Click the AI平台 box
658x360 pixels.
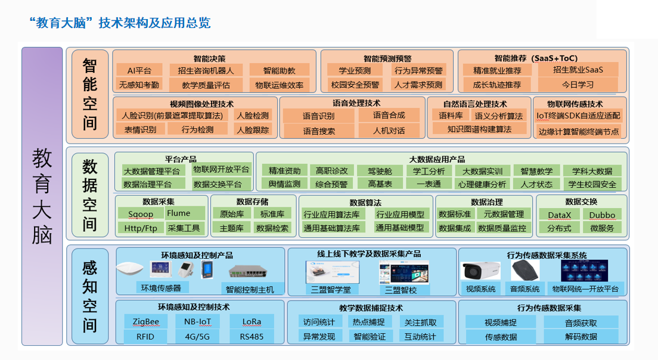point(139,70)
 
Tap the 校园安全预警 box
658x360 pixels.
point(355,85)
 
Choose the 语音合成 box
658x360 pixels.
point(389,115)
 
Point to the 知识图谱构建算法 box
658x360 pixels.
point(480,129)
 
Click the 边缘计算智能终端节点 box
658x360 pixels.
point(579,131)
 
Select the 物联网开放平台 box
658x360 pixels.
point(221,170)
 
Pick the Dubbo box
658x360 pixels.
point(602,215)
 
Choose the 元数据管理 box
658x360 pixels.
point(504,214)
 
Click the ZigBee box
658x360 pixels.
point(145,322)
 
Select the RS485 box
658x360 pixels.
point(252,336)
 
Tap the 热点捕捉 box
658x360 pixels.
point(368,322)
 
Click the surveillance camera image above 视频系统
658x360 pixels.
point(480,271)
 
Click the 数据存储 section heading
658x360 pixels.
point(252,201)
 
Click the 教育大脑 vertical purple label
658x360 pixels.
point(42,197)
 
